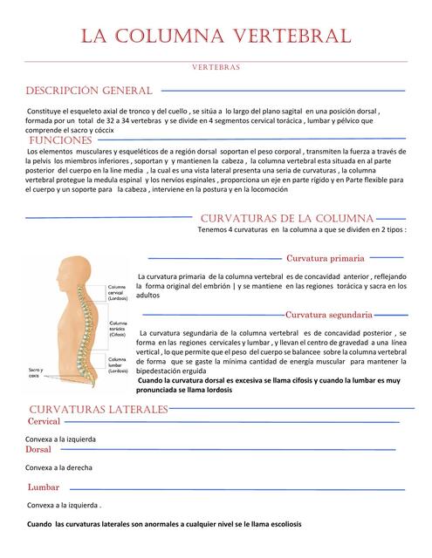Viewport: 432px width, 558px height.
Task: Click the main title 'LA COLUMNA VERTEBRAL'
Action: [216, 36]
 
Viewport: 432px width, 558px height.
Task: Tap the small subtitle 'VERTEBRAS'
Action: [216, 67]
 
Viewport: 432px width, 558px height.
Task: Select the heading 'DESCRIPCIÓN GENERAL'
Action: [90, 91]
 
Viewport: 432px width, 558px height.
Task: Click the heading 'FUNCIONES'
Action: [61, 140]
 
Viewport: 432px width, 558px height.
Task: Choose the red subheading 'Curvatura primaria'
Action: [326, 258]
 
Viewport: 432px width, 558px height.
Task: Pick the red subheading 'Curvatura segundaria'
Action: [329, 314]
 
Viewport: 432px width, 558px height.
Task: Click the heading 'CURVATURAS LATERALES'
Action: [98, 409]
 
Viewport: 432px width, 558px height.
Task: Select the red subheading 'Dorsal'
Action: [38, 450]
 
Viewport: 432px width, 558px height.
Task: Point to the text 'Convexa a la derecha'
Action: [60, 467]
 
